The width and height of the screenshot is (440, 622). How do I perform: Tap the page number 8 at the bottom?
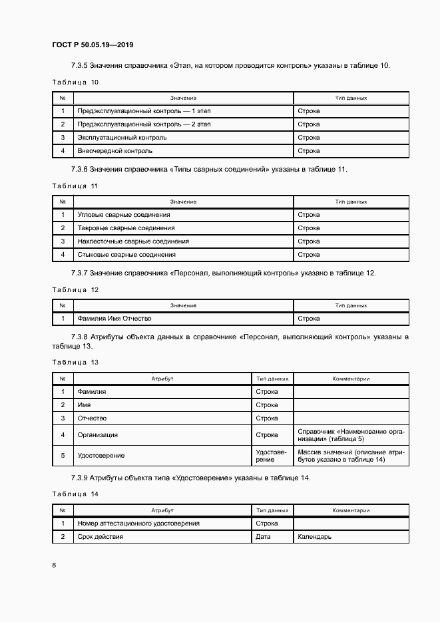[x=54, y=565]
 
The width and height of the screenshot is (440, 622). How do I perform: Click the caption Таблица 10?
[x=75, y=82]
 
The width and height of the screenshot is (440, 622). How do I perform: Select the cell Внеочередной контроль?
[x=111, y=151]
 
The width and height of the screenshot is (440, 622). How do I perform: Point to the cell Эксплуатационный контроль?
[x=122, y=138]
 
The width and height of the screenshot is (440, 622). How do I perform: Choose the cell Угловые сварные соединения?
[x=124, y=215]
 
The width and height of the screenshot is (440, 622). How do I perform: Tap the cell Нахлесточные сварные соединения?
[x=133, y=241]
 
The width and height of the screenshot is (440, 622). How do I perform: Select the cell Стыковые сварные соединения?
[x=126, y=255]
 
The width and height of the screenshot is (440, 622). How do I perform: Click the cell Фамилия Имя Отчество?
[x=114, y=319]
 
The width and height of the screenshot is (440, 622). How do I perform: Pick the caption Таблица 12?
[x=75, y=289]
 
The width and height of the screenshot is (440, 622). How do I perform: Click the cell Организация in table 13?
[x=98, y=434]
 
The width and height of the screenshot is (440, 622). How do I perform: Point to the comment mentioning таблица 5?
[x=351, y=435]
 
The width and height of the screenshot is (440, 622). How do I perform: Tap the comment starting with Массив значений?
[x=351, y=455]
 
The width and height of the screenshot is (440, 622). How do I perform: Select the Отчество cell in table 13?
[x=92, y=418]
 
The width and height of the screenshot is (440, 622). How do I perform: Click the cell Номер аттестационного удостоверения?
[x=138, y=524]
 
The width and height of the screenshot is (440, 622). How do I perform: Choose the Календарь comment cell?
[x=314, y=537]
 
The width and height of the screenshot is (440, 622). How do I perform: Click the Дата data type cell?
[x=263, y=537]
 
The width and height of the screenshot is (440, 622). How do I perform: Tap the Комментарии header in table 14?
[x=351, y=510]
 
